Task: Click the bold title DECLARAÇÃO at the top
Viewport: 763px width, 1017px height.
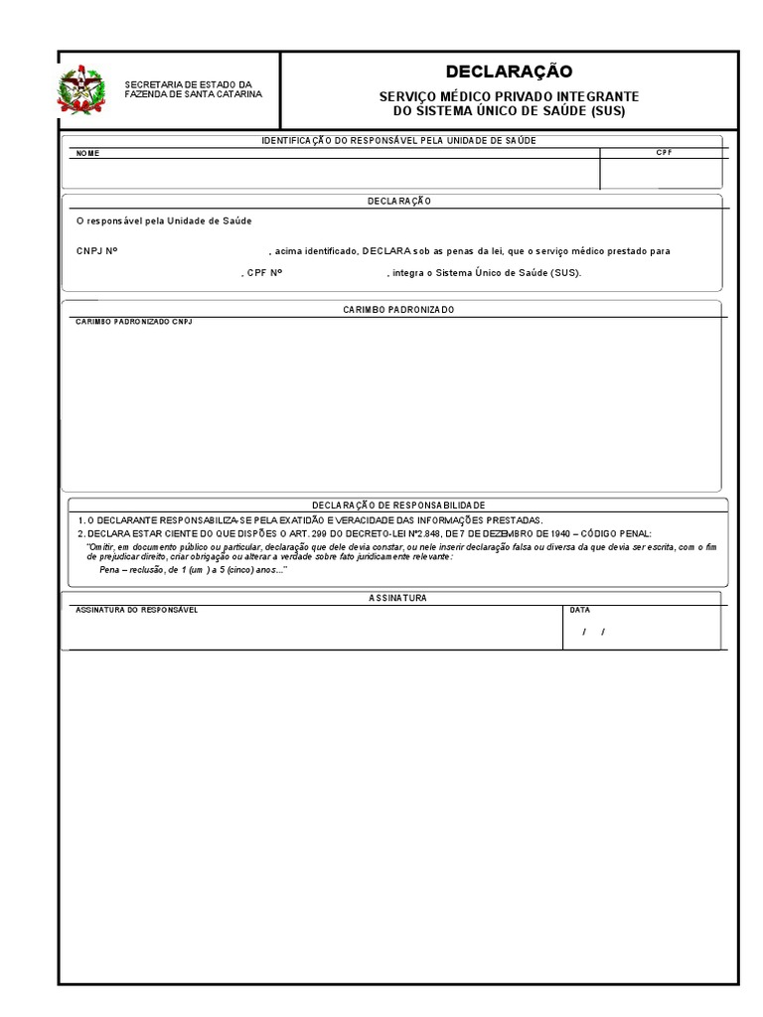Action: coord(509,72)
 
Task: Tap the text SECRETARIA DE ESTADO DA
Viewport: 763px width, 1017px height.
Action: coord(188,83)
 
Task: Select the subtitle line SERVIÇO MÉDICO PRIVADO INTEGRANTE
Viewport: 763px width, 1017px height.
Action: coord(509,96)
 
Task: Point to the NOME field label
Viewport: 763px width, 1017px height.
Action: coord(87,154)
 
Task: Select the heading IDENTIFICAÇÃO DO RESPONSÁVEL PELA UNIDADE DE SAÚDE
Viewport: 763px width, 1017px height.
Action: coord(398,141)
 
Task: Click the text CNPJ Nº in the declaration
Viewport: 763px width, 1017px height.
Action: coord(96,251)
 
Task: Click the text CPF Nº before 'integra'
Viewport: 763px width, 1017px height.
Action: coord(264,272)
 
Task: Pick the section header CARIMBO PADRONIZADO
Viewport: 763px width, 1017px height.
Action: coord(397,310)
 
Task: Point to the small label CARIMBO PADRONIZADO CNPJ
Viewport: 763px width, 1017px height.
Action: coord(134,322)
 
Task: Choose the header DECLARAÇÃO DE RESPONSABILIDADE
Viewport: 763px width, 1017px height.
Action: coord(397,505)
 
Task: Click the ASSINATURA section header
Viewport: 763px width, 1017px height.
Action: coord(397,598)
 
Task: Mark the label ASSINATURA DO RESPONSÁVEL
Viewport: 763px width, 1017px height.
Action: coord(137,610)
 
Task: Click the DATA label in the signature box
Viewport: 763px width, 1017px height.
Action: coord(579,610)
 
